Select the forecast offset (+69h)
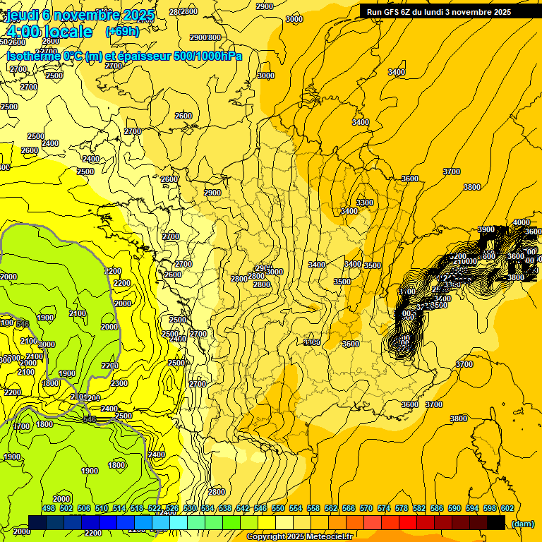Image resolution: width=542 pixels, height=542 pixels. point(122,32)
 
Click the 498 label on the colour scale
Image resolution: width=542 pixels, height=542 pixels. point(49,509)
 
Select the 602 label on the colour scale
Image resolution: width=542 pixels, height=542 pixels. point(507,509)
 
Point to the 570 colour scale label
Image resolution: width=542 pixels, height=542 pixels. point(366,509)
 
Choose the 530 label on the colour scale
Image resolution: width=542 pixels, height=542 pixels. point(190,509)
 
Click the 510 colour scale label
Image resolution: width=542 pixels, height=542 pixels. point(102,509)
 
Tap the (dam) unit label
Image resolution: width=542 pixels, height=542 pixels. point(523,523)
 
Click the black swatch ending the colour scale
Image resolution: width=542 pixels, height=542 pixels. point(496,523)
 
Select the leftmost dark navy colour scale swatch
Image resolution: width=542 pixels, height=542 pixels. point(37,523)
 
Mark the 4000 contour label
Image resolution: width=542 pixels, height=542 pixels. point(521,223)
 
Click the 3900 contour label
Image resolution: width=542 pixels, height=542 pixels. point(486,230)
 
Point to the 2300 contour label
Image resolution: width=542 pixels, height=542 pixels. point(119,384)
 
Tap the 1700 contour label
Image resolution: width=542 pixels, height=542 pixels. point(22,426)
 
